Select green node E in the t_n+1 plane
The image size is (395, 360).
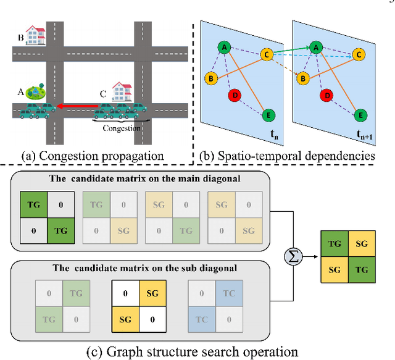point(362,115)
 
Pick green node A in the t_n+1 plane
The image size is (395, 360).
point(316,46)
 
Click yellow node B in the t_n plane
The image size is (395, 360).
point(211,78)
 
